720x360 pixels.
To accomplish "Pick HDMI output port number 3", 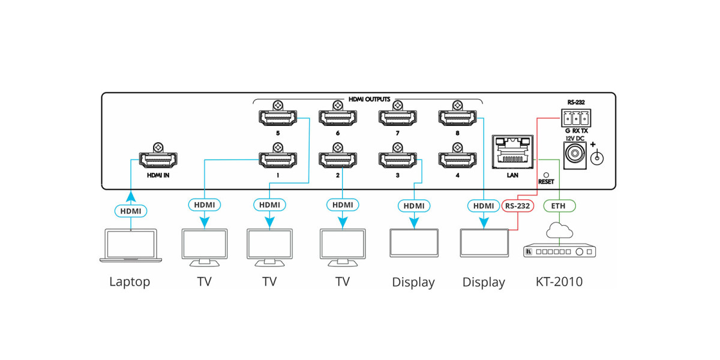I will pos(397,160).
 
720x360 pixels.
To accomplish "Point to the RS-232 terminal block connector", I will pos(575,117).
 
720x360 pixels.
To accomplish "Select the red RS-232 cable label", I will pos(517,206).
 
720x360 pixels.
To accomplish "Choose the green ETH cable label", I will pos(559,206).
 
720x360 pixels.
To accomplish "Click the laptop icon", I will pos(130,245).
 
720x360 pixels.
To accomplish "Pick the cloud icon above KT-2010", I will pos(559,230).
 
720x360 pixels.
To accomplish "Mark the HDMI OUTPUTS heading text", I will pos(370,98).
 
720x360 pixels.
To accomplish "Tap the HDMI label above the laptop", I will pos(130,211).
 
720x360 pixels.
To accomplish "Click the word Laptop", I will pos(130,281).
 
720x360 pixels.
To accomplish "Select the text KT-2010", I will pos(559,281).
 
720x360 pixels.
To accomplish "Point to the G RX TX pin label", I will pos(575,130).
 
